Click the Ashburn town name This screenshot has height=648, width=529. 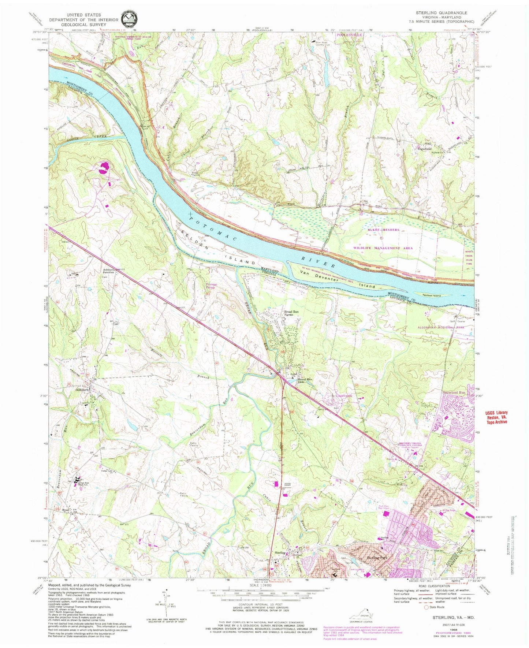[83, 390]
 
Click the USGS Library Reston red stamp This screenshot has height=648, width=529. [496, 417]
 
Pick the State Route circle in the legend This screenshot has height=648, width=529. [426, 607]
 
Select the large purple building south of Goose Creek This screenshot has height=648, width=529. [104, 168]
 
